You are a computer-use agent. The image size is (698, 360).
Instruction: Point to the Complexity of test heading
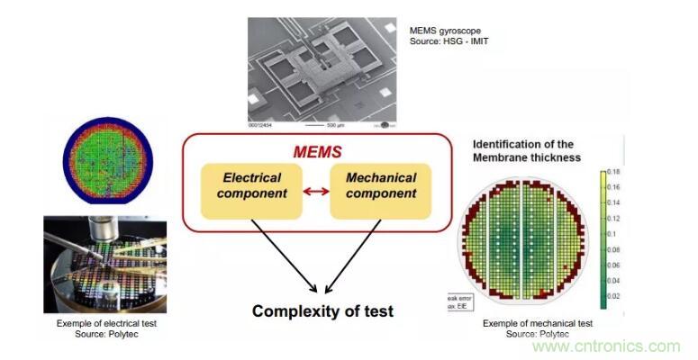[322, 312]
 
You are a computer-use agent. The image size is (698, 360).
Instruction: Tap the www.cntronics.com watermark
[607, 346]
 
